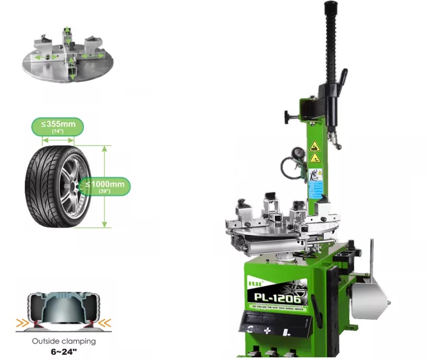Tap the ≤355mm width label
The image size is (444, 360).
coord(57,126)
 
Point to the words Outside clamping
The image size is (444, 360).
coord(64,341)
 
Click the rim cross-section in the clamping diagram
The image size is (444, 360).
coord(64,308)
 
